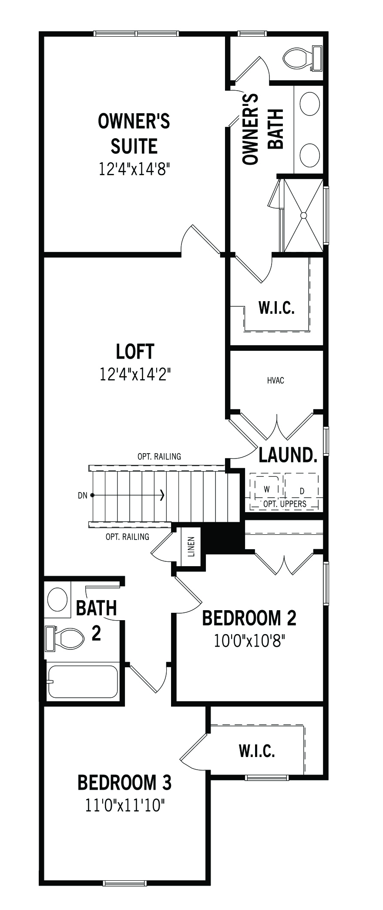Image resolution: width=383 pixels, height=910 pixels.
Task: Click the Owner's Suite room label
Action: (x=134, y=134)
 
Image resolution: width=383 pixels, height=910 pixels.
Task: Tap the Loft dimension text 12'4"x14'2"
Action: (x=134, y=374)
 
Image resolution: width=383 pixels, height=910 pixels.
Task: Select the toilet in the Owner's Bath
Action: (x=302, y=58)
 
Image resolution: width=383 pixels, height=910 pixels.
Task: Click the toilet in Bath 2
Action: (x=65, y=639)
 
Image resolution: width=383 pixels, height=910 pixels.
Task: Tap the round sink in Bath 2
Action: (x=57, y=599)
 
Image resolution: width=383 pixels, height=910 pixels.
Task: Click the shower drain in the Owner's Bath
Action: (x=304, y=215)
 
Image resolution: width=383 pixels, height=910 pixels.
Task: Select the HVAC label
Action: (x=275, y=380)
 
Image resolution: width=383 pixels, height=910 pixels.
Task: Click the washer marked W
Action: (x=267, y=489)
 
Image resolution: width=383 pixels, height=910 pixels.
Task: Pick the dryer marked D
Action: (x=302, y=491)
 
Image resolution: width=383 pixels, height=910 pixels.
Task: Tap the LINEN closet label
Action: (x=191, y=547)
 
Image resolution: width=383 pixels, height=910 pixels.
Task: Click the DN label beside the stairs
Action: (x=82, y=495)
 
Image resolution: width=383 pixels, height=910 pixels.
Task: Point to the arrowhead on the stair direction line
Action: (x=162, y=495)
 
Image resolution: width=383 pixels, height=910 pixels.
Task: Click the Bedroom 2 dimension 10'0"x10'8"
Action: (x=249, y=641)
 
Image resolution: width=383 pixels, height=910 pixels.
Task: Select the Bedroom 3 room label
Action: (x=124, y=783)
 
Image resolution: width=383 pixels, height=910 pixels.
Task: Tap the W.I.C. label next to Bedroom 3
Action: (x=257, y=751)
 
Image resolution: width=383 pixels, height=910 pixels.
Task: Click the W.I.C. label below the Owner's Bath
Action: (x=277, y=308)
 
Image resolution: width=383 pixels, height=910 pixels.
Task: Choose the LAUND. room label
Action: (x=287, y=455)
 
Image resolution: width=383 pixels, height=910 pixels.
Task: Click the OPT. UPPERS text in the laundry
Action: (x=285, y=504)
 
